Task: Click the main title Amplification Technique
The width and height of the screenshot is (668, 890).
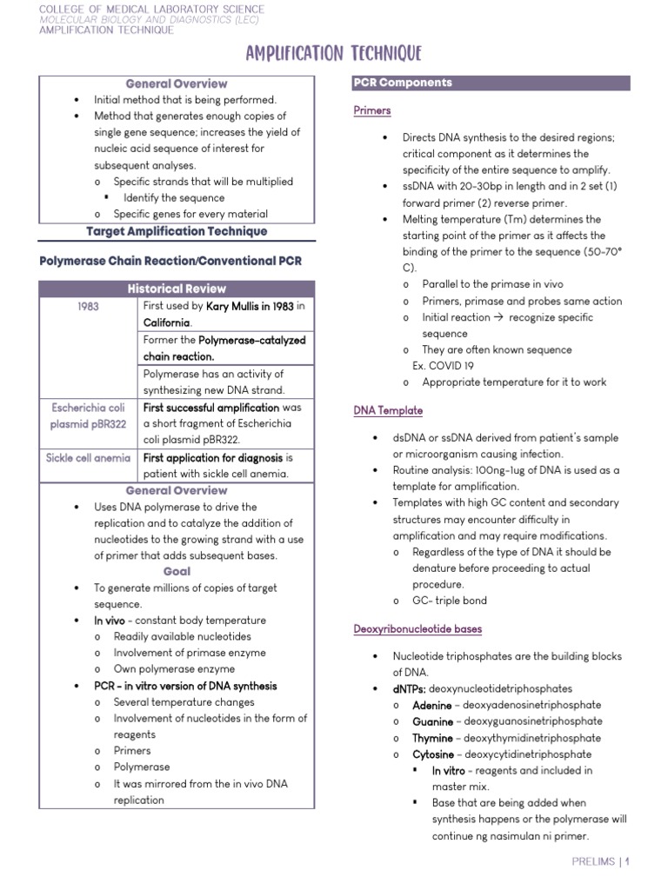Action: [334, 54]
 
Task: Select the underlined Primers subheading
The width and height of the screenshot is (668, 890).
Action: [372, 110]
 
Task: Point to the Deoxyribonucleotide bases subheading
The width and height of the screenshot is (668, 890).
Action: [417, 628]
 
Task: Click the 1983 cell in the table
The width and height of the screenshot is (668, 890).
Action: [87, 307]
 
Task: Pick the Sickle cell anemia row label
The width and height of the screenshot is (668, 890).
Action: [89, 457]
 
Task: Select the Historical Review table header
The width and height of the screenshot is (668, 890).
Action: [177, 289]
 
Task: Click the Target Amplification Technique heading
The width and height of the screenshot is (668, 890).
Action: [177, 231]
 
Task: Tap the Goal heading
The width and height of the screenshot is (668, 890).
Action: [177, 572]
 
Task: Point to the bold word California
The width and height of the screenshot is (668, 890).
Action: [166, 322]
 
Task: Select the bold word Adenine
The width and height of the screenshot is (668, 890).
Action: [432, 706]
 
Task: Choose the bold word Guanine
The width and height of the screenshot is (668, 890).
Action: [432, 722]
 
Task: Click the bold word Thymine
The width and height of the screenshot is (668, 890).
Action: [432, 739]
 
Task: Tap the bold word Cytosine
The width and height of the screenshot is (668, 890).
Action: [433, 754]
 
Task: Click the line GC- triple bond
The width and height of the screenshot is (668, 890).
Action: [450, 601]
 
